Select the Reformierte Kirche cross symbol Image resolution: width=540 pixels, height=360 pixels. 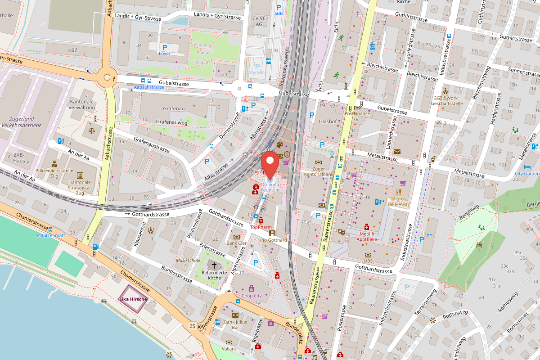point(214,265)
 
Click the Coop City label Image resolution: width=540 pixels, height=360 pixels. point(252,296)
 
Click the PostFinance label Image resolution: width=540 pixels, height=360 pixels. point(357,113)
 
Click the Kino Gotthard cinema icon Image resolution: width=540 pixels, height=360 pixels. point(272,233)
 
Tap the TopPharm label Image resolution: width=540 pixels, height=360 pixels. point(261,227)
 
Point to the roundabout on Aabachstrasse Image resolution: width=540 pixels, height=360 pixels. point(107,77)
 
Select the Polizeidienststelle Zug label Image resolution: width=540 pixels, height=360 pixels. point(54,173)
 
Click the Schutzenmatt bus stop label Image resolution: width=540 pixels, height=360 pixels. point(50,235)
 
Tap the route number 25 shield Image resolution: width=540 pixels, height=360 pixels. point(193,325)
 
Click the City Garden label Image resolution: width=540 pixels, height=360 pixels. point(526,174)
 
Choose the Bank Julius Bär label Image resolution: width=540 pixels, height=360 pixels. point(235,324)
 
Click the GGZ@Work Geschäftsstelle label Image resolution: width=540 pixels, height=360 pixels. point(446,100)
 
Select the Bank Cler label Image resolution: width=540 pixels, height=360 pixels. point(236,243)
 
